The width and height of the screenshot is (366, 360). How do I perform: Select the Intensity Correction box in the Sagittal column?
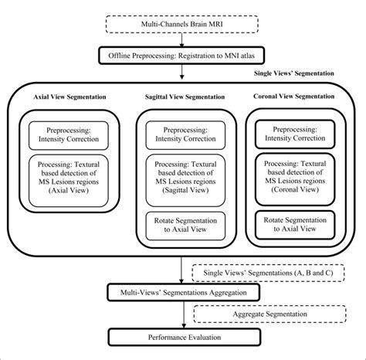pos(179,137)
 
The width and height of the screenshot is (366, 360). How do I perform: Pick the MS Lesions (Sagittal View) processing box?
pos(179,178)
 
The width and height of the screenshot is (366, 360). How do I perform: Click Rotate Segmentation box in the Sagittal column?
pos(179,223)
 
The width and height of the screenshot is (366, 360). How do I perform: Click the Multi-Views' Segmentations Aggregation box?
pos(182,293)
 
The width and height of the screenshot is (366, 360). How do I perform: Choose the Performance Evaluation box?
pos(182,338)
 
